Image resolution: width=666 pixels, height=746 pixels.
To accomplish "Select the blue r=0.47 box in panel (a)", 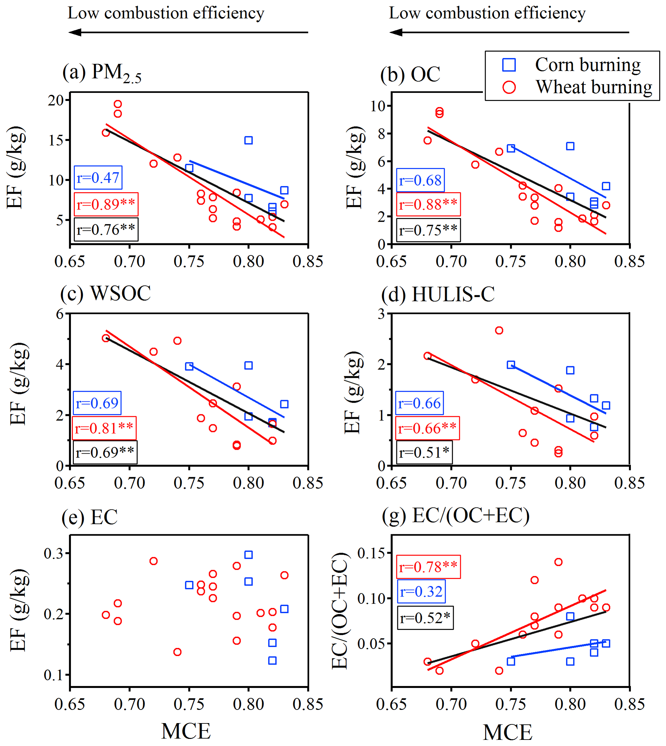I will [x=98, y=178].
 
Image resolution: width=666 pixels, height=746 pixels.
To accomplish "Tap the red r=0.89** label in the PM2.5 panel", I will [x=106, y=204].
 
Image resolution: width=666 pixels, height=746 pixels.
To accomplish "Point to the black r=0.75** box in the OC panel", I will [x=428, y=230].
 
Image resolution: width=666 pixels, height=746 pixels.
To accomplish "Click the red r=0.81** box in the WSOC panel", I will [x=104, y=428].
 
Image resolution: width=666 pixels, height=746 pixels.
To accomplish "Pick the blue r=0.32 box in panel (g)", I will [x=421, y=592].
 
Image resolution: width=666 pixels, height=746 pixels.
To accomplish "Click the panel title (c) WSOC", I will [x=105, y=294].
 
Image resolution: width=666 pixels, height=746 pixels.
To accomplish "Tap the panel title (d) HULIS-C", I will [x=438, y=294].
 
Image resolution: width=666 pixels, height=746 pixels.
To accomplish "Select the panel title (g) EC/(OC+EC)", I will [x=456, y=516].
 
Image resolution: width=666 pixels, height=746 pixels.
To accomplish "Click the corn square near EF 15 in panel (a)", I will [x=248, y=140].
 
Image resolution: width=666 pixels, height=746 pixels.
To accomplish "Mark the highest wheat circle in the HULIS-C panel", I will [x=499, y=330].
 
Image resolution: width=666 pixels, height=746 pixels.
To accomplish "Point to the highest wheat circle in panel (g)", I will [x=558, y=562].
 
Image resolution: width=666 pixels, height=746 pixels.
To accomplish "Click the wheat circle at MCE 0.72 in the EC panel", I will [x=154, y=561].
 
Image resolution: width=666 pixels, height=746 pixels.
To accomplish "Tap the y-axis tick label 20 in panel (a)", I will [x=56, y=100].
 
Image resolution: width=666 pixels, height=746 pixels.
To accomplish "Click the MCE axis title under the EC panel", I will [x=186, y=731].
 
